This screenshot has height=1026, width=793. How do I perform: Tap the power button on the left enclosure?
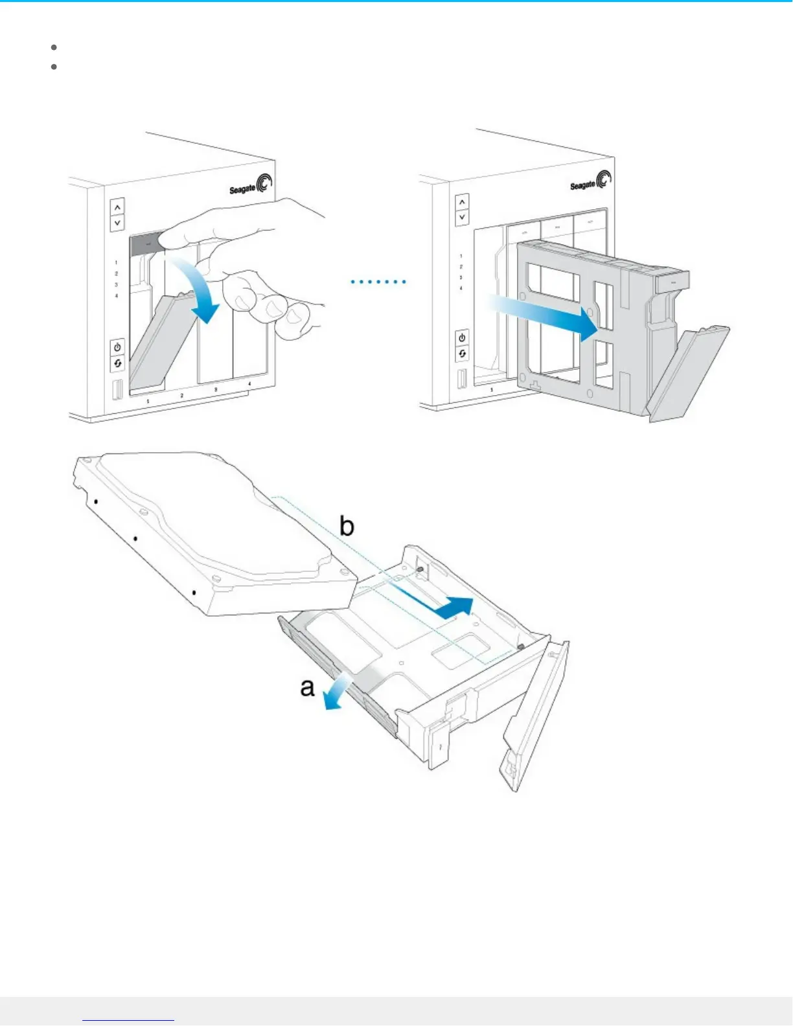point(117,347)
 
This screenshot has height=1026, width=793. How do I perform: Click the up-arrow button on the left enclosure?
point(117,207)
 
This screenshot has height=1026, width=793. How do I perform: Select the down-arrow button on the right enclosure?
point(462,217)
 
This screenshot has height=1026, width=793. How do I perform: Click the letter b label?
point(347,526)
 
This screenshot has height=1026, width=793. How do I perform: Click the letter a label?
point(307,687)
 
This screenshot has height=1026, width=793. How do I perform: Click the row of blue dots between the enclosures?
point(378,282)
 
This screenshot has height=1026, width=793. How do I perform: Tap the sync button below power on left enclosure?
point(117,363)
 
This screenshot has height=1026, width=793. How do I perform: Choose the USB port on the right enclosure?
point(462,378)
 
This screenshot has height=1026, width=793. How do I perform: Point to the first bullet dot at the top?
point(54,47)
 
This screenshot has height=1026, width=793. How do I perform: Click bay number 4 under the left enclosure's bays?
point(250,385)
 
